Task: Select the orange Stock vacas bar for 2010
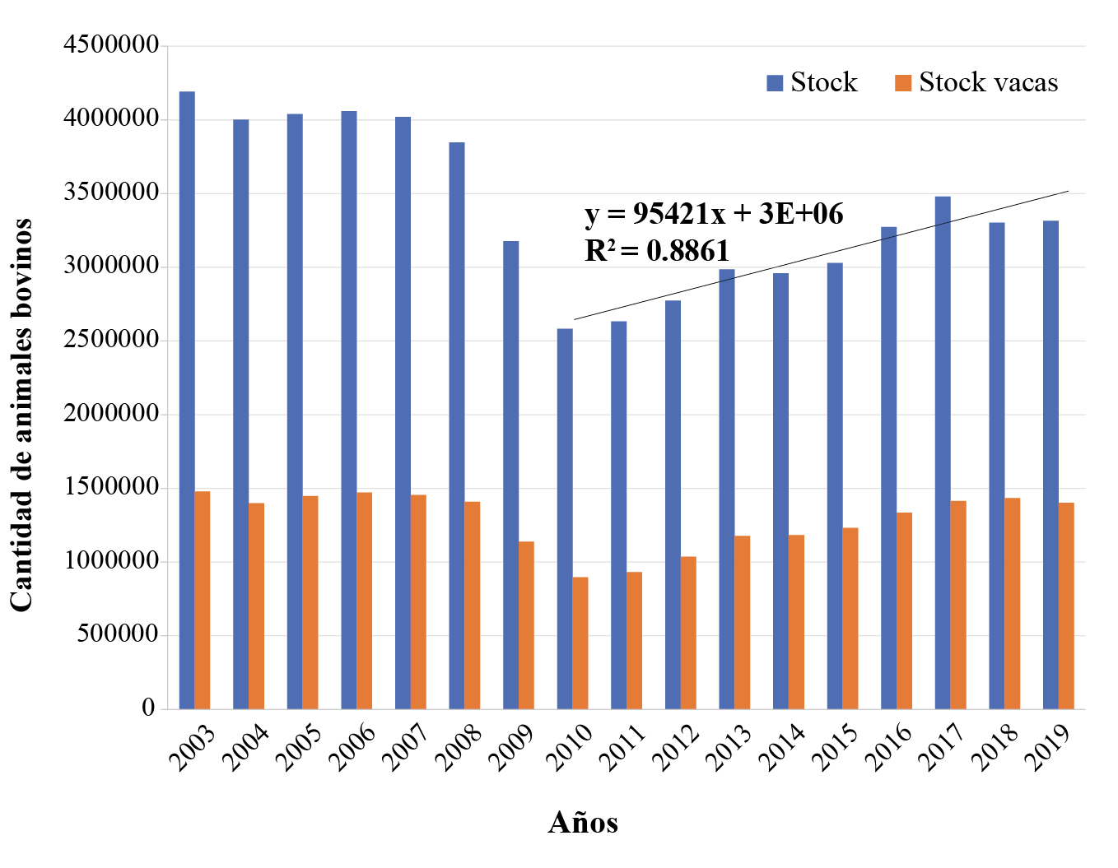tap(580, 643)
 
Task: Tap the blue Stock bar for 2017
tap(943, 453)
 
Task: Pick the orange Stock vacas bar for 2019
tap(1066, 606)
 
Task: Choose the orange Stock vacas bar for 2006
tap(365, 601)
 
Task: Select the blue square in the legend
tap(775, 82)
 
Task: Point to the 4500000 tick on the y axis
tap(111, 45)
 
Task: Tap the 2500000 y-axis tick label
tap(111, 340)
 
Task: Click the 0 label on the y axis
tap(149, 708)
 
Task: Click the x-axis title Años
tap(583, 823)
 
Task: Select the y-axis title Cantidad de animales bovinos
tap(22, 415)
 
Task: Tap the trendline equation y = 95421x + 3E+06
tap(714, 214)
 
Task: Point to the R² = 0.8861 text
tap(657, 250)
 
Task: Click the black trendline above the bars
tap(823, 254)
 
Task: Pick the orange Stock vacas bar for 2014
tap(796, 621)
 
